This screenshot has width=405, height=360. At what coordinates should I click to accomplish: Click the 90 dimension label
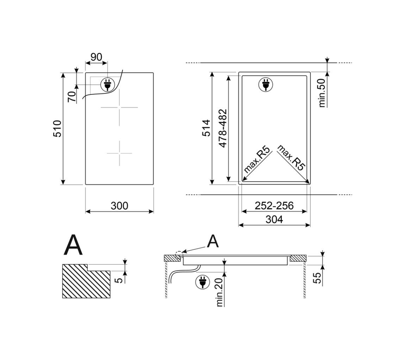coord(96,57)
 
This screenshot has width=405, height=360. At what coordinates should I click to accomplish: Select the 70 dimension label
coord(72,97)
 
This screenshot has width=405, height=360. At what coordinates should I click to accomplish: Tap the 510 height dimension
coord(57,129)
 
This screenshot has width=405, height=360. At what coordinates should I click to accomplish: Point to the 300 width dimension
coord(119,206)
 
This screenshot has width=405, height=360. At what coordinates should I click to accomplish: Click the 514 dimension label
coord(206,128)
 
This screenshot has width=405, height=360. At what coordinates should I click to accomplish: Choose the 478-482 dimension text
coord(223,128)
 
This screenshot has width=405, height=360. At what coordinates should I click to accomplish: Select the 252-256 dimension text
coord(274,206)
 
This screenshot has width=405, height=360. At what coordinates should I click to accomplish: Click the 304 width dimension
coord(274,219)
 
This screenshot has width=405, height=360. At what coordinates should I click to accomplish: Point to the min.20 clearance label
coord(219,292)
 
